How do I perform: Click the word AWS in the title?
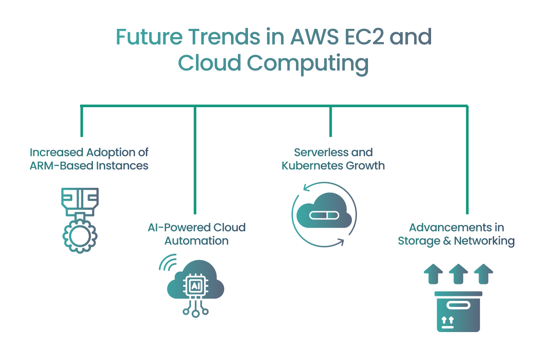tap(314, 37)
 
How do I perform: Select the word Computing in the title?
tap(308, 64)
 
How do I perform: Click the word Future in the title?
tap(149, 37)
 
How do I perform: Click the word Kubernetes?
tap(312, 166)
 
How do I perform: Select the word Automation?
tap(197, 241)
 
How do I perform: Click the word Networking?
tap(484, 241)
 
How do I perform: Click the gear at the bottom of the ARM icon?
tap(80, 236)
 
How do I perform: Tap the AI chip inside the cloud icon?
tap(195, 286)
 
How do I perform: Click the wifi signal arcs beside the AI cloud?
tap(168, 262)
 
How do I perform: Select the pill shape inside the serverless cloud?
tap(324, 215)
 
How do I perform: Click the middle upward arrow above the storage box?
tap(459, 274)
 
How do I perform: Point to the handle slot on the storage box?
tap(458, 305)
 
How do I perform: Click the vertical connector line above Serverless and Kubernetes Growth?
tap(330, 121)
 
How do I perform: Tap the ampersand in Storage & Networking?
tap(447, 241)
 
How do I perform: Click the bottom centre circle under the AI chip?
tap(195, 314)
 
